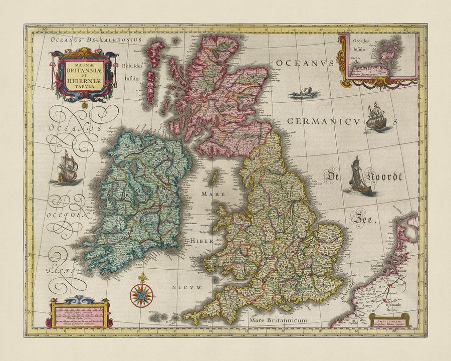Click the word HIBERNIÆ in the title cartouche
click(x=84, y=78)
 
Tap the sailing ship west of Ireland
click(x=68, y=168)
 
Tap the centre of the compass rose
click(x=141, y=295)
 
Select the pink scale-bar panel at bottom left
click(x=79, y=314)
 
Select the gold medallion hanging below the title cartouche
click(x=85, y=105)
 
